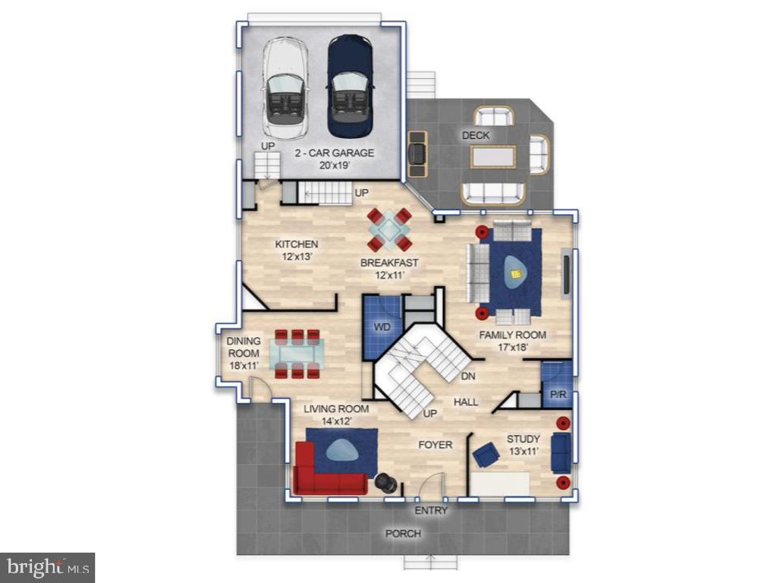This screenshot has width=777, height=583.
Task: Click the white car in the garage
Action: point(286,90)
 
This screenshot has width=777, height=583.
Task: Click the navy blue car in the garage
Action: point(350,87)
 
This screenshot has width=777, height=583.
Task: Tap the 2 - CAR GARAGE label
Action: point(335,153)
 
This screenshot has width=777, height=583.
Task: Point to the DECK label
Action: point(476,135)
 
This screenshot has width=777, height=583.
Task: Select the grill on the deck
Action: point(417,153)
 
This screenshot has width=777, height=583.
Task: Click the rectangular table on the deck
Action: point(493,158)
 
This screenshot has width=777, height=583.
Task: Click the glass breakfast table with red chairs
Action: point(389,229)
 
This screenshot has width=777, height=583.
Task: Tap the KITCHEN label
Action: point(297,244)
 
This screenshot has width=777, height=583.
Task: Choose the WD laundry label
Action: point(382,327)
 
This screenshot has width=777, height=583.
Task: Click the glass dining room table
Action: point(297,354)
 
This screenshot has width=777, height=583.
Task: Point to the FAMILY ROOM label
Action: point(512,335)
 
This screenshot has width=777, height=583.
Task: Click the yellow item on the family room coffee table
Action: point(517,273)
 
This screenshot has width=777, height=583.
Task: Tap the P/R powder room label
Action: point(558,395)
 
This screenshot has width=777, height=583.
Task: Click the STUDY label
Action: point(524,439)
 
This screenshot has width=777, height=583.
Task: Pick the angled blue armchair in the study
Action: point(486,455)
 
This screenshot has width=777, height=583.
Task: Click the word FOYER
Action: point(435,445)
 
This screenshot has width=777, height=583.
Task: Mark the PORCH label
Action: point(403,534)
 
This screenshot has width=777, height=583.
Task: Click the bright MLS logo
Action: point(48,567)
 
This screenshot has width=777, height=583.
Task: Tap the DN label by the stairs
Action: point(468,376)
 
